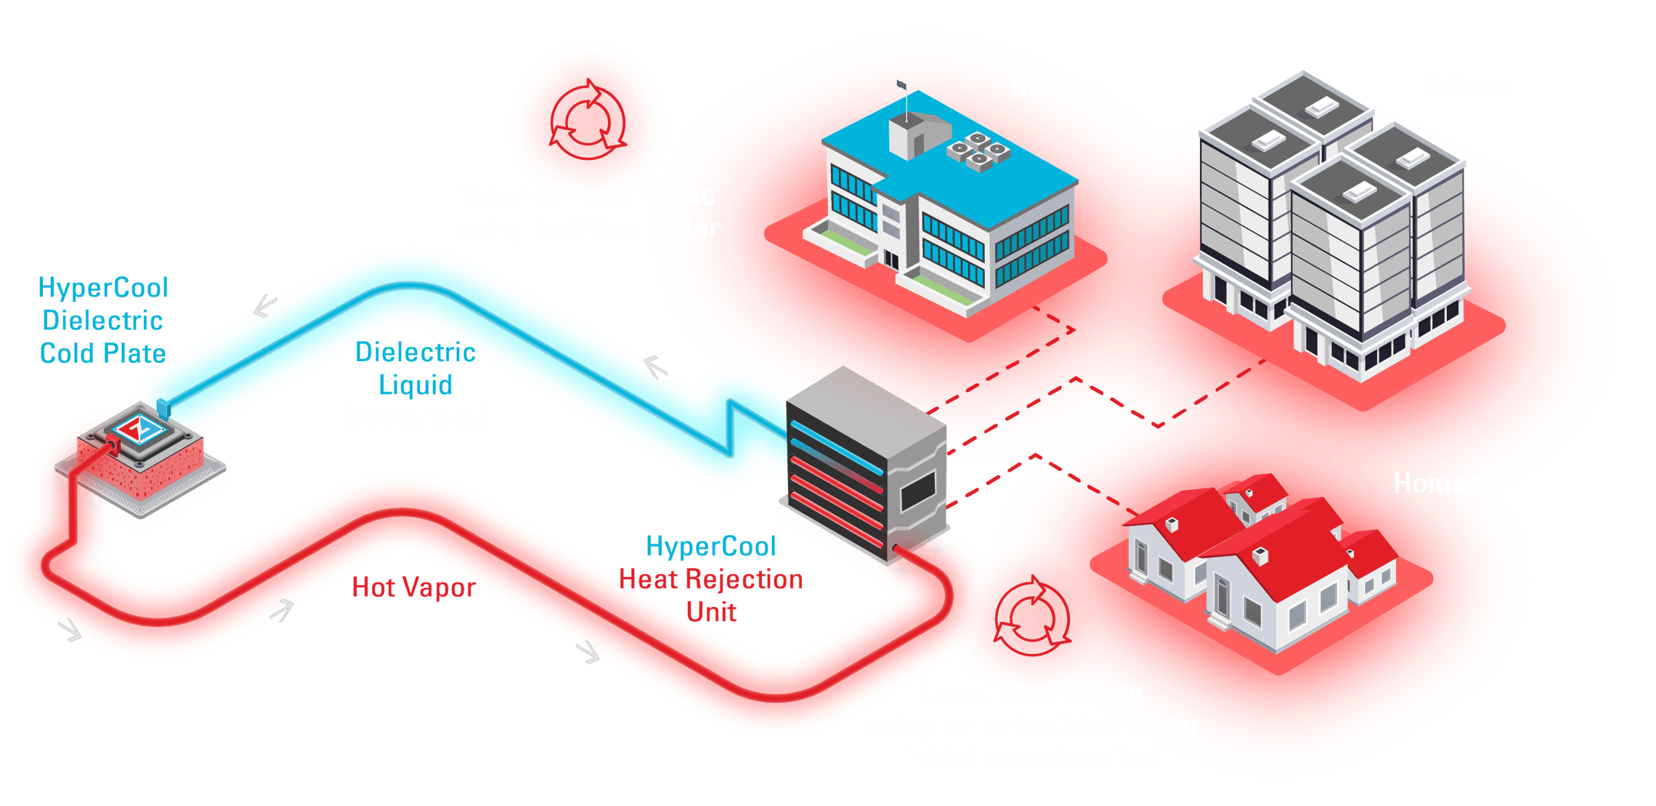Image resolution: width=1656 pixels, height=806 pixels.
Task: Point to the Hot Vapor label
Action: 413,587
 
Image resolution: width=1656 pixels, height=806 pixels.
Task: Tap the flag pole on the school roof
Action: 905,102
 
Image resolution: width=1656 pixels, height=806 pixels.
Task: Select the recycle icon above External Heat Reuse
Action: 587,120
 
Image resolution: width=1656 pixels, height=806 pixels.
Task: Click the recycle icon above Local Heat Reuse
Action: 1031,617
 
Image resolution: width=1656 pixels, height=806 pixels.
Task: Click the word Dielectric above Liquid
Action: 415,352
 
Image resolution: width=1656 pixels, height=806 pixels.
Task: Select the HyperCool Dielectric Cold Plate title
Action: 103,321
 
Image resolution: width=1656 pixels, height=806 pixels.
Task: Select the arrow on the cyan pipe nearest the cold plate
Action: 265,305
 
